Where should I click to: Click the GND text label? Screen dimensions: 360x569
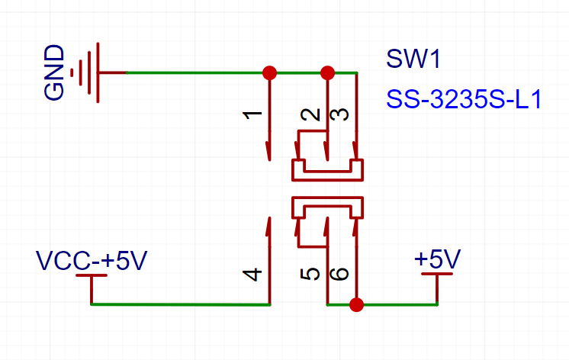coord(54,72)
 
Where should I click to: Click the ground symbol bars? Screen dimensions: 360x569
coord(90,72)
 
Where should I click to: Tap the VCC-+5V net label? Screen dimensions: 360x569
coord(92,261)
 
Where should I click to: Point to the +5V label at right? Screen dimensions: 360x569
coord(438,260)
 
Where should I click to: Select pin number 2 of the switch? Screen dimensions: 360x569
coord(310,115)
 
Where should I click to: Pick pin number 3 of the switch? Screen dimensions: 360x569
coord(342,115)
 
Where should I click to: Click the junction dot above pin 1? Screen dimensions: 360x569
coord(269,73)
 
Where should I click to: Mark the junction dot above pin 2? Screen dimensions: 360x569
coord(327,73)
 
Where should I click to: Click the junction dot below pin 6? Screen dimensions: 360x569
coord(355,305)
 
